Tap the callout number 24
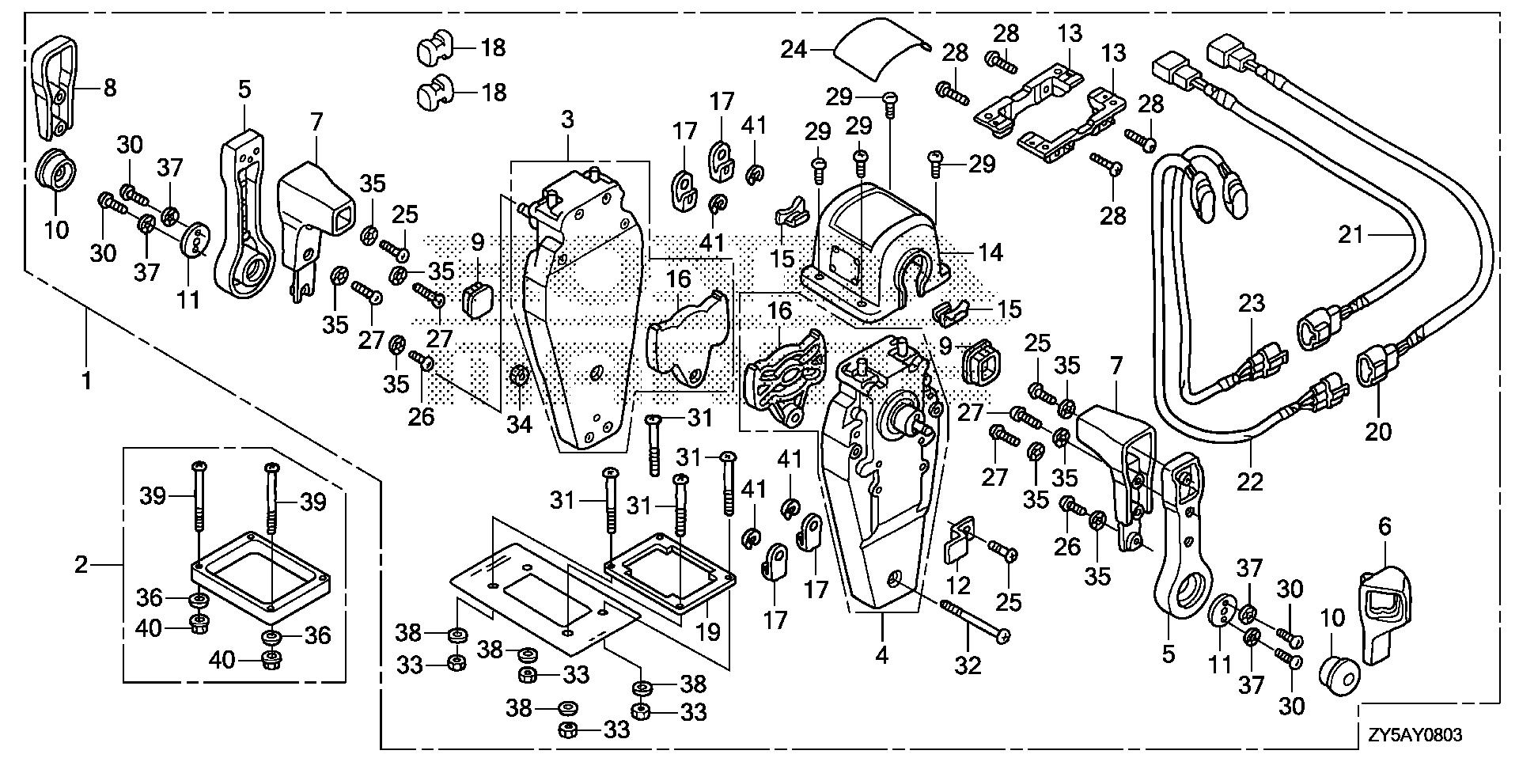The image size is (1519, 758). (794, 50)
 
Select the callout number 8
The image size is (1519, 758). (109, 87)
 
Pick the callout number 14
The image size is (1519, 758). (990, 252)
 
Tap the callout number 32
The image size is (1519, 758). (968, 665)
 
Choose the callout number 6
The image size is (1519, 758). (1384, 527)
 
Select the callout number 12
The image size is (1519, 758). (959, 586)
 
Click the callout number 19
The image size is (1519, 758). (709, 631)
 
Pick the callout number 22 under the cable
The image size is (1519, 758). (1250, 480)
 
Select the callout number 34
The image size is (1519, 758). (519, 425)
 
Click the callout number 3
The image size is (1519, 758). (567, 121)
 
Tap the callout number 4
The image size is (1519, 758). (882, 654)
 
